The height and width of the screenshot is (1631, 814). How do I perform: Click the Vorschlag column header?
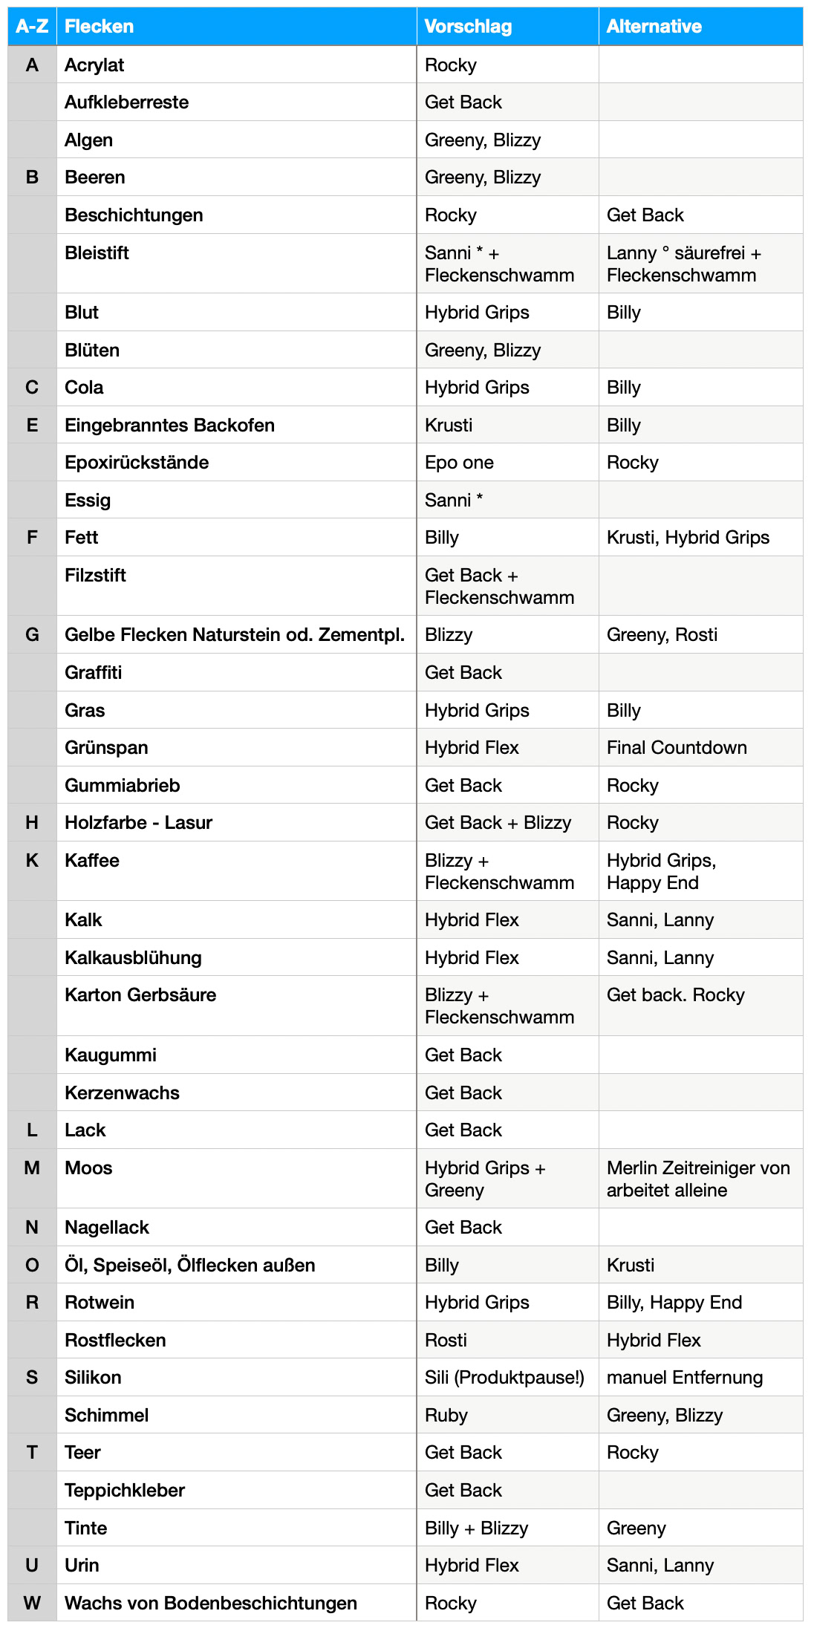(468, 27)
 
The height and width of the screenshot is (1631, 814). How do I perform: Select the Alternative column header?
(654, 27)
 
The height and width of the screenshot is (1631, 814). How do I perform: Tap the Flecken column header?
(99, 27)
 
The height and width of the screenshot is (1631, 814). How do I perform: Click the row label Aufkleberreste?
(126, 102)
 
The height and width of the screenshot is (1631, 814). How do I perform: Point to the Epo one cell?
(459, 463)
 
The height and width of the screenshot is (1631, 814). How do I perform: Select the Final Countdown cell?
(677, 748)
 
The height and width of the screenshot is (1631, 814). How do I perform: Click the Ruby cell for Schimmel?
(446, 1416)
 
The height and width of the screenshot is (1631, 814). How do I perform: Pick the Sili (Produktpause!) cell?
(504, 1378)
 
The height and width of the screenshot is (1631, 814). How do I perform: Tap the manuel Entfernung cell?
(684, 1378)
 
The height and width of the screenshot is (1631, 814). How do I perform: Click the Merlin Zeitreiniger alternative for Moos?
(697, 1179)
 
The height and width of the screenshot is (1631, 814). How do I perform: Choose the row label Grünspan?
(106, 748)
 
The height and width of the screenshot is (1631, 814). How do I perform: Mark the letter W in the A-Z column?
(32, 1604)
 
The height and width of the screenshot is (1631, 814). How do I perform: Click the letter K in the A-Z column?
(32, 861)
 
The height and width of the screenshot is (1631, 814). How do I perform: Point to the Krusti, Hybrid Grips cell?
(688, 538)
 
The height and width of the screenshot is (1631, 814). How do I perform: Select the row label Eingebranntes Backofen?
(169, 426)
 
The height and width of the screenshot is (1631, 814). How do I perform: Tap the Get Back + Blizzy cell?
(498, 823)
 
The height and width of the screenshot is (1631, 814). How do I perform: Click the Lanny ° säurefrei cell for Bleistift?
(683, 264)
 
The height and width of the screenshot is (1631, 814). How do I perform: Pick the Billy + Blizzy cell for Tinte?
(476, 1529)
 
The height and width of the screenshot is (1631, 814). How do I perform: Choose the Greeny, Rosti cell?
(662, 635)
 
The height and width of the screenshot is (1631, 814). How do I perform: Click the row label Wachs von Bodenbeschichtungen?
(210, 1604)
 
